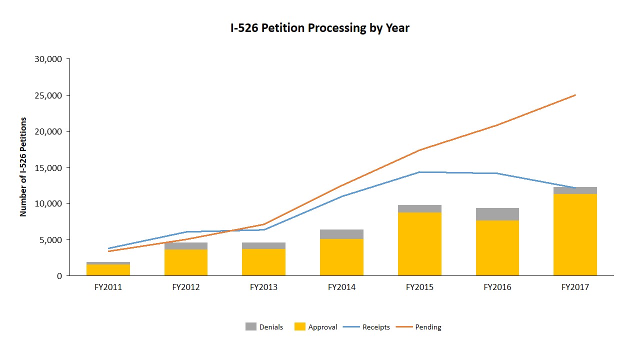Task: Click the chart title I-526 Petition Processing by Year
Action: tap(319, 28)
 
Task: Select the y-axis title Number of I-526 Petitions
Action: tap(23, 167)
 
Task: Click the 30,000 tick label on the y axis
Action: tap(48, 59)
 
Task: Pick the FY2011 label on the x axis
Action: tap(108, 287)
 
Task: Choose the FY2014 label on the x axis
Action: tap(341, 287)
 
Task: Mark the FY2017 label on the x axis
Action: tap(575, 287)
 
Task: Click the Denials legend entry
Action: tap(264, 327)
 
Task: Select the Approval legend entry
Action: tap(316, 327)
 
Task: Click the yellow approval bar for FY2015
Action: tap(419, 244)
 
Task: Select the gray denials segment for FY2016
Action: tap(497, 214)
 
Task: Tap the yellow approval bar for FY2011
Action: tap(108, 270)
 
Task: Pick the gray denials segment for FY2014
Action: tap(341, 234)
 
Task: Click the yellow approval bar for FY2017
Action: tap(575, 235)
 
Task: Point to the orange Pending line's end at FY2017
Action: tap(575, 95)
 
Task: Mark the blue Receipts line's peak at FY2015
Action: tap(419, 172)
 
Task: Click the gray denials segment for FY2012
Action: tap(186, 246)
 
